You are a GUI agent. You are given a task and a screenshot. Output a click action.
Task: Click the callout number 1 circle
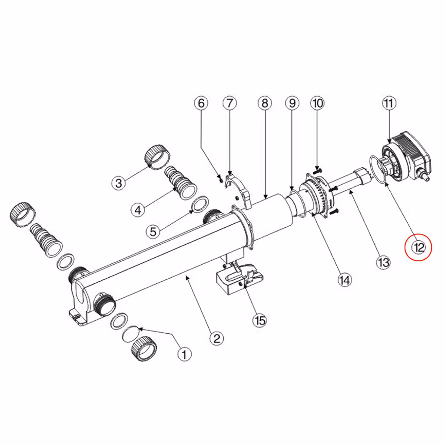point(184,354)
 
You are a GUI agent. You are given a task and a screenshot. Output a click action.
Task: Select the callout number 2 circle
point(216,338)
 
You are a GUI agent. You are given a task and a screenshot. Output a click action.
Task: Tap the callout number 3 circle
point(119,183)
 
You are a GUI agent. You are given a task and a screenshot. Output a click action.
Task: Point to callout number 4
point(138,210)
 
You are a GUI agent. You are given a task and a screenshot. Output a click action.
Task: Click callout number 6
point(201,103)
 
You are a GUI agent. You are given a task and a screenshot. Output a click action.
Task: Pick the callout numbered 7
point(229,103)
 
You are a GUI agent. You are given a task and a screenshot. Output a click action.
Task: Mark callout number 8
point(265,103)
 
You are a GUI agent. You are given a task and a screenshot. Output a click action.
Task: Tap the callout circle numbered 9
point(292,103)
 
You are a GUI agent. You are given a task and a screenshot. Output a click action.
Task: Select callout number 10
point(317,103)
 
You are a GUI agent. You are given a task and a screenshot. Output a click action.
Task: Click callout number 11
point(389,103)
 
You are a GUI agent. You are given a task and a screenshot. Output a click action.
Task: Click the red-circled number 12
point(418,247)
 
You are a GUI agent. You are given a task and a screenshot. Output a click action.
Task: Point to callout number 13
point(383,262)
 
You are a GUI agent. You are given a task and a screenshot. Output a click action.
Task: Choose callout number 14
point(345,280)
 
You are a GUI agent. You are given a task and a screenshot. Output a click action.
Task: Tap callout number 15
point(260,320)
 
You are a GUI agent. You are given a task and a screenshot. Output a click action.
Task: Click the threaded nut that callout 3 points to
point(157,157)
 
